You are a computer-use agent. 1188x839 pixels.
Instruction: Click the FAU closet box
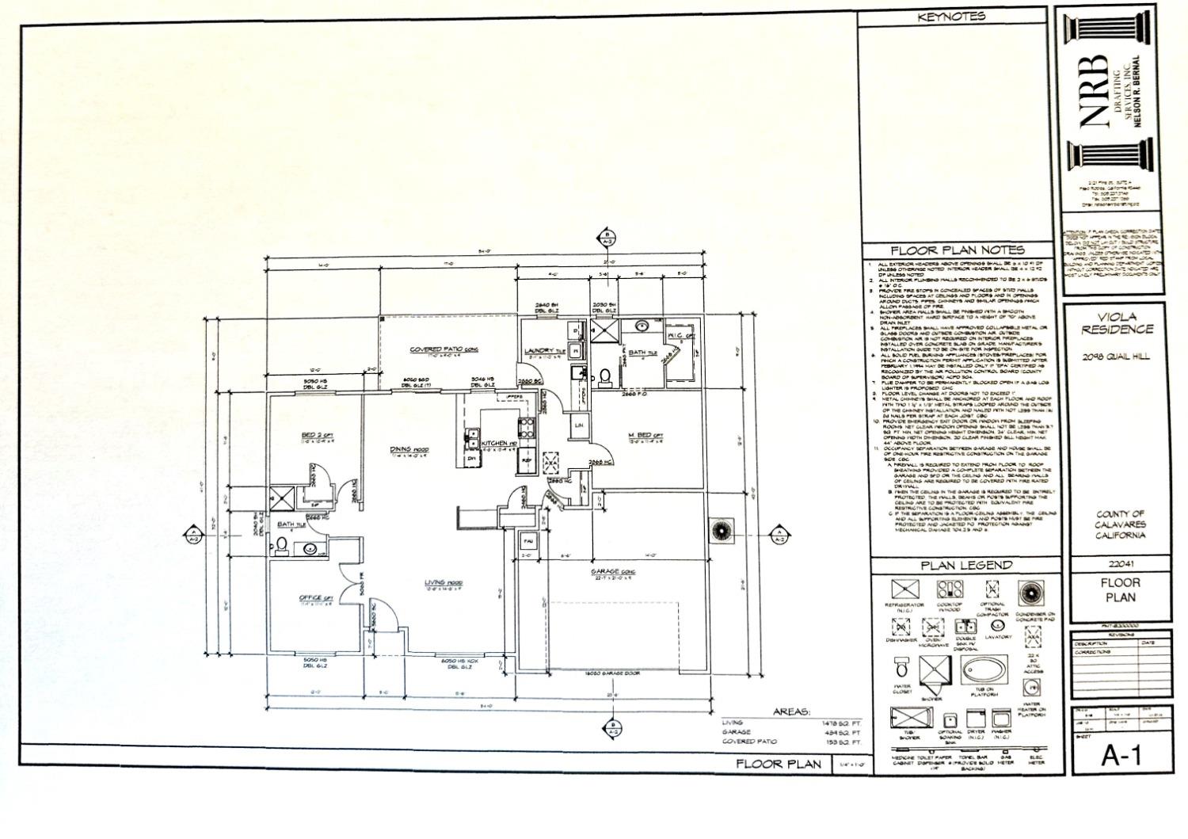[527, 541]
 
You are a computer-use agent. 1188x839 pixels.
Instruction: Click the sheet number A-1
[1119, 757]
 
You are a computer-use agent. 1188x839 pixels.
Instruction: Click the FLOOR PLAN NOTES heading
[957, 251]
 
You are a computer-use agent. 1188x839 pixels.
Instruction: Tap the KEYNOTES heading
[951, 17]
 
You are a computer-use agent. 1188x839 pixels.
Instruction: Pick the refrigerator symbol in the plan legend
[904, 590]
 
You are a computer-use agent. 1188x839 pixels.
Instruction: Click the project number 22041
[1118, 563]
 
